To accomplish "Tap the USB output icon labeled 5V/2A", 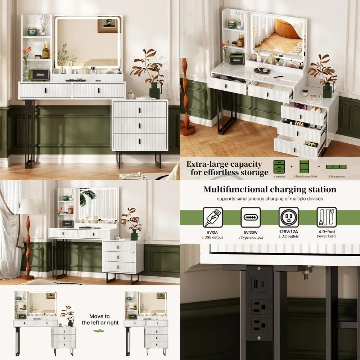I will coord(213,217).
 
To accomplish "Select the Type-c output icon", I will coord(251,217).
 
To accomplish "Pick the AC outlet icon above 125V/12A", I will coord(288,217).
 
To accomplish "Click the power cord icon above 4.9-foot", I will coord(327,217).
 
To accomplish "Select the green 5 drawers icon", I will coord(279,167).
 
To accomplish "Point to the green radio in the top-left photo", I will coord(39,75).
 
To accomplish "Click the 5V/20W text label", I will coord(251,232).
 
